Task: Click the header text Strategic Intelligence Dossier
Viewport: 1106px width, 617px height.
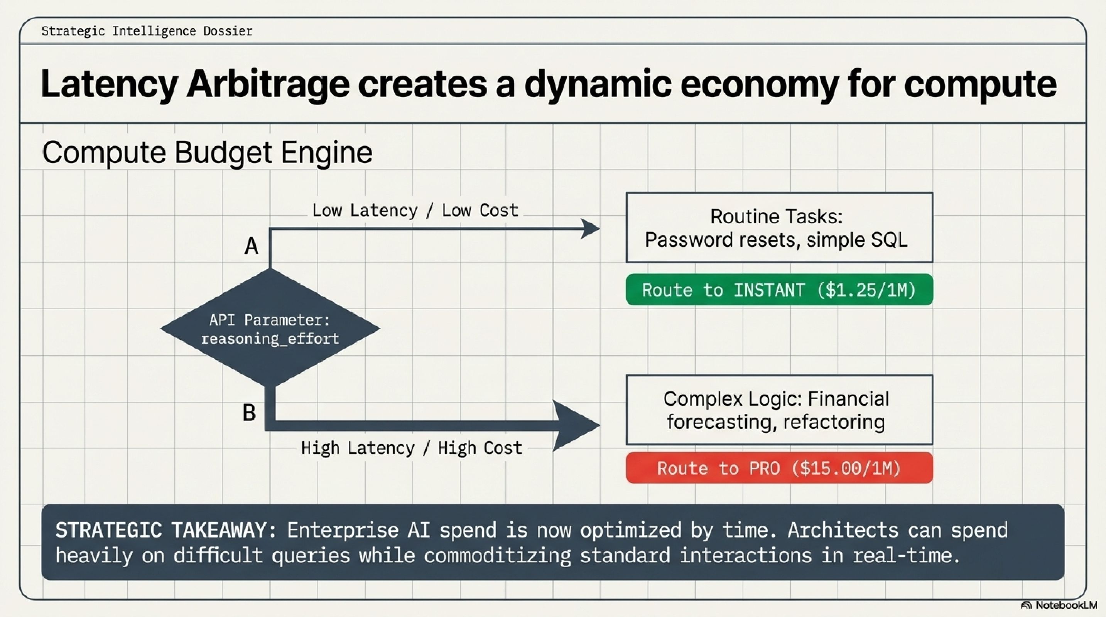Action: [x=147, y=31]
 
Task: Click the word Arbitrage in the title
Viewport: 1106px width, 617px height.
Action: [x=267, y=84]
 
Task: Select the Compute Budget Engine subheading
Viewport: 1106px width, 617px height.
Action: [x=207, y=152]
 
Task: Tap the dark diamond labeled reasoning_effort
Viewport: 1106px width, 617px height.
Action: [x=270, y=329]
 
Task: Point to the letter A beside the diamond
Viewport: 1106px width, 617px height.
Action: [x=252, y=246]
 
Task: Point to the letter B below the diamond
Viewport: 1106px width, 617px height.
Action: [x=249, y=413]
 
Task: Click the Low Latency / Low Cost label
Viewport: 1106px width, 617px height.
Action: [x=415, y=211]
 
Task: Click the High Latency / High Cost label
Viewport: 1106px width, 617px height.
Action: [x=411, y=448]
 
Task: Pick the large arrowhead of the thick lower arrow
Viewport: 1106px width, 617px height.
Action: [x=575, y=426]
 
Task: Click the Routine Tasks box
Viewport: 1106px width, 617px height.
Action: [x=779, y=228]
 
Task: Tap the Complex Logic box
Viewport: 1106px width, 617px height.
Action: [x=779, y=410]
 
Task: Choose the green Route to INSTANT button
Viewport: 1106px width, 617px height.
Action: [x=779, y=290]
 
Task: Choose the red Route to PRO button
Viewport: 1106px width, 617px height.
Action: [x=779, y=468]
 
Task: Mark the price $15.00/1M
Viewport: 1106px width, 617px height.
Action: [x=846, y=468]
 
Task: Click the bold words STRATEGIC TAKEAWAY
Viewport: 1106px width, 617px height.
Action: [x=166, y=530]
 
